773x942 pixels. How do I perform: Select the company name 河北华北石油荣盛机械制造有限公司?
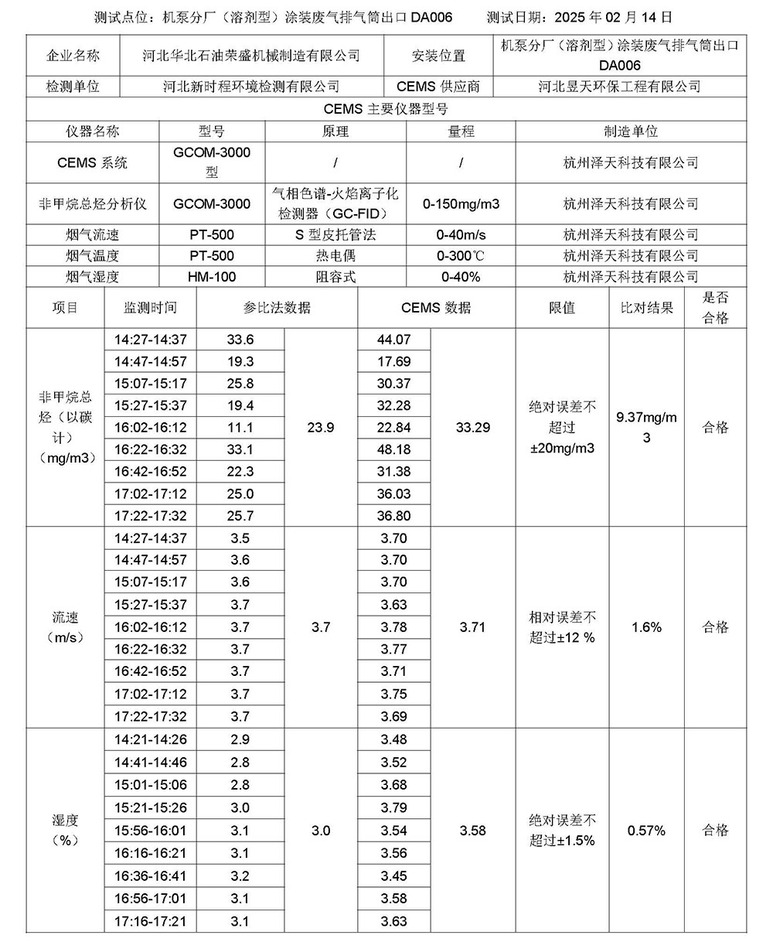251,56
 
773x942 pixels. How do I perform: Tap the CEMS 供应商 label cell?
438,87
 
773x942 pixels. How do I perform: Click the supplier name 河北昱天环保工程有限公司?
619,87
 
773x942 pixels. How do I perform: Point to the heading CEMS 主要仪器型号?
386,109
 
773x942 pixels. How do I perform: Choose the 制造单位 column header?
630,131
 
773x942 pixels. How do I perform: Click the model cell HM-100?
212,277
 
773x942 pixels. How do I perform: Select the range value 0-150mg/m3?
461,204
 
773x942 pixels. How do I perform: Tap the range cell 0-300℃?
461,256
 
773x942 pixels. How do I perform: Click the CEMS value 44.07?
394,340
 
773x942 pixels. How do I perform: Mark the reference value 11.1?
240,428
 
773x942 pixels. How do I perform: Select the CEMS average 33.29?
472,428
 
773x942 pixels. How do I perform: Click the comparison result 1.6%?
646,627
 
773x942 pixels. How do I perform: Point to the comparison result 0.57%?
646,831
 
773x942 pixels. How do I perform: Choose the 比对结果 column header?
646,307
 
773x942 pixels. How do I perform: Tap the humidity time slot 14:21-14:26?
150,740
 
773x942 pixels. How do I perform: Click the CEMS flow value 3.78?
394,627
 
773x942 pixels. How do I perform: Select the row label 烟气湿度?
92,277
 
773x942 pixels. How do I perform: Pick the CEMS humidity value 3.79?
394,808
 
